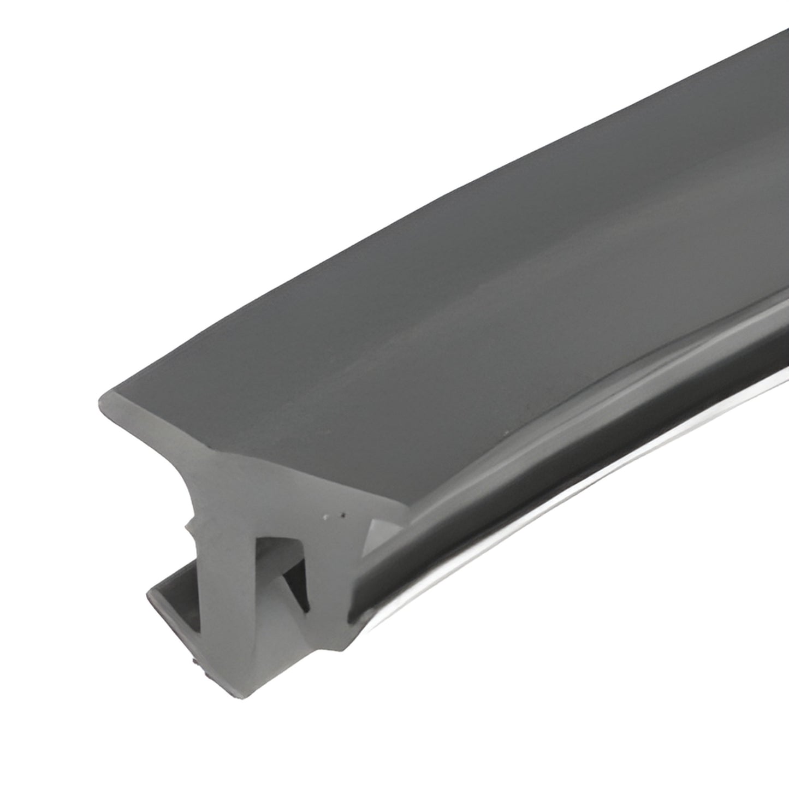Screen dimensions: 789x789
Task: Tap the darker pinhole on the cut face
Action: point(342,514)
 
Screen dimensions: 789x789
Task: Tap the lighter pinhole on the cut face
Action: point(326,515)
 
